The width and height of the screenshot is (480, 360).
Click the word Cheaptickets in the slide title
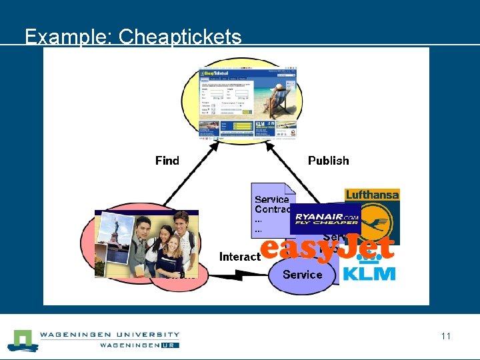click(x=180, y=36)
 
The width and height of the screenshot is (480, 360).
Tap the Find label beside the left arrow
click(x=167, y=161)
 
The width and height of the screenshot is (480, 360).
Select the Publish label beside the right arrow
click(x=328, y=161)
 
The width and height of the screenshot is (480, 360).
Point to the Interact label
click(x=239, y=257)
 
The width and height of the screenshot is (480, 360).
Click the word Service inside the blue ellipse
click(x=302, y=275)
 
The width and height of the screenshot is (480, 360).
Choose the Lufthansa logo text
click(x=372, y=195)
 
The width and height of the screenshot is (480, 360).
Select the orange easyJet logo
click(x=327, y=249)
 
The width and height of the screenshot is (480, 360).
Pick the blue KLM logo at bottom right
click(x=369, y=273)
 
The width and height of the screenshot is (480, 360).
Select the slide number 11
click(x=445, y=336)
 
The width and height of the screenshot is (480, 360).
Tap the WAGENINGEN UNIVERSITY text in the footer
click(x=110, y=335)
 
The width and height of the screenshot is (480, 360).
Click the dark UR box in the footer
click(x=170, y=345)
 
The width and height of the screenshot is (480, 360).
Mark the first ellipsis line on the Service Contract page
click(x=259, y=220)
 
